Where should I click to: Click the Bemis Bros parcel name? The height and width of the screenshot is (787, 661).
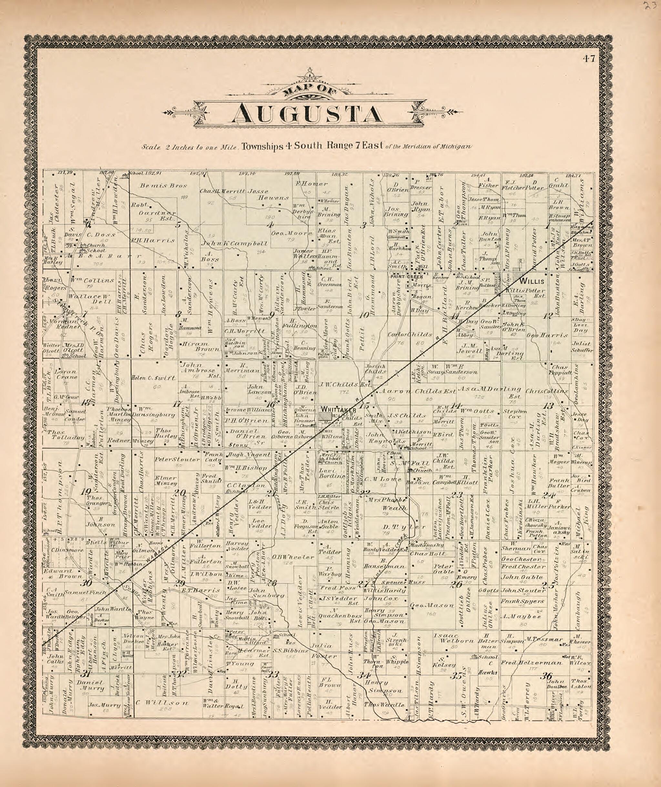[x=158, y=185]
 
